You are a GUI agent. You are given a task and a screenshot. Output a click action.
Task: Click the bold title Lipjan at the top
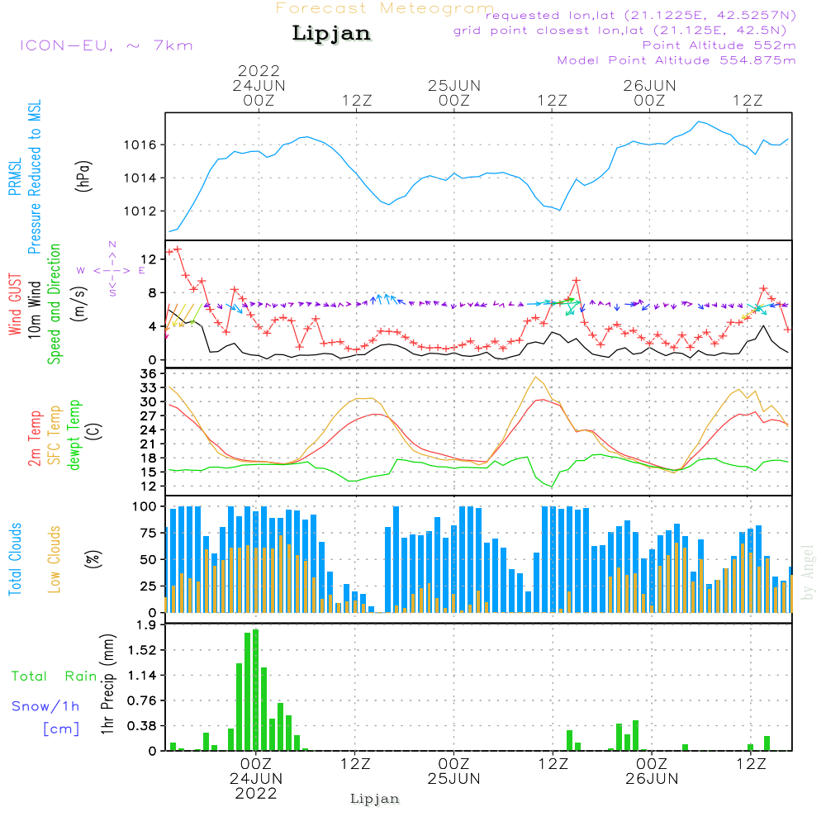click(x=331, y=34)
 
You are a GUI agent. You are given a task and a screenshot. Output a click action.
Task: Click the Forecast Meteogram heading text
click(x=385, y=8)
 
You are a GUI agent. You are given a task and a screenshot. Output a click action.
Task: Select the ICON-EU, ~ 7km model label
click(x=106, y=45)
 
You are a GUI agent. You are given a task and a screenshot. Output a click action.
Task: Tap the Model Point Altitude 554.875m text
click(x=676, y=60)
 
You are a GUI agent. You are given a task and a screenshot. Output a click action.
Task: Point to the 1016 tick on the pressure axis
click(x=140, y=145)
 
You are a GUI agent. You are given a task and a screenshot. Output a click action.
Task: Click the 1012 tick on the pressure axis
click(x=140, y=211)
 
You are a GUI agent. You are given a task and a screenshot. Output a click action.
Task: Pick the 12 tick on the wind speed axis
click(x=150, y=259)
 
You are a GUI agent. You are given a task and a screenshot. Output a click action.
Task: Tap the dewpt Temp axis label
click(x=75, y=435)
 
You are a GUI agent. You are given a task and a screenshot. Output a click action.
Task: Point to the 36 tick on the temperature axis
click(x=150, y=374)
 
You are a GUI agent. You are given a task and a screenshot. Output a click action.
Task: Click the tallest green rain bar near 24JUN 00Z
click(x=256, y=690)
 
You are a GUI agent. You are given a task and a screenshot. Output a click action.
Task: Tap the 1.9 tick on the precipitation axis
click(x=147, y=625)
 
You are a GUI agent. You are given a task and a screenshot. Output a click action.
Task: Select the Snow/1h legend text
click(x=45, y=706)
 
